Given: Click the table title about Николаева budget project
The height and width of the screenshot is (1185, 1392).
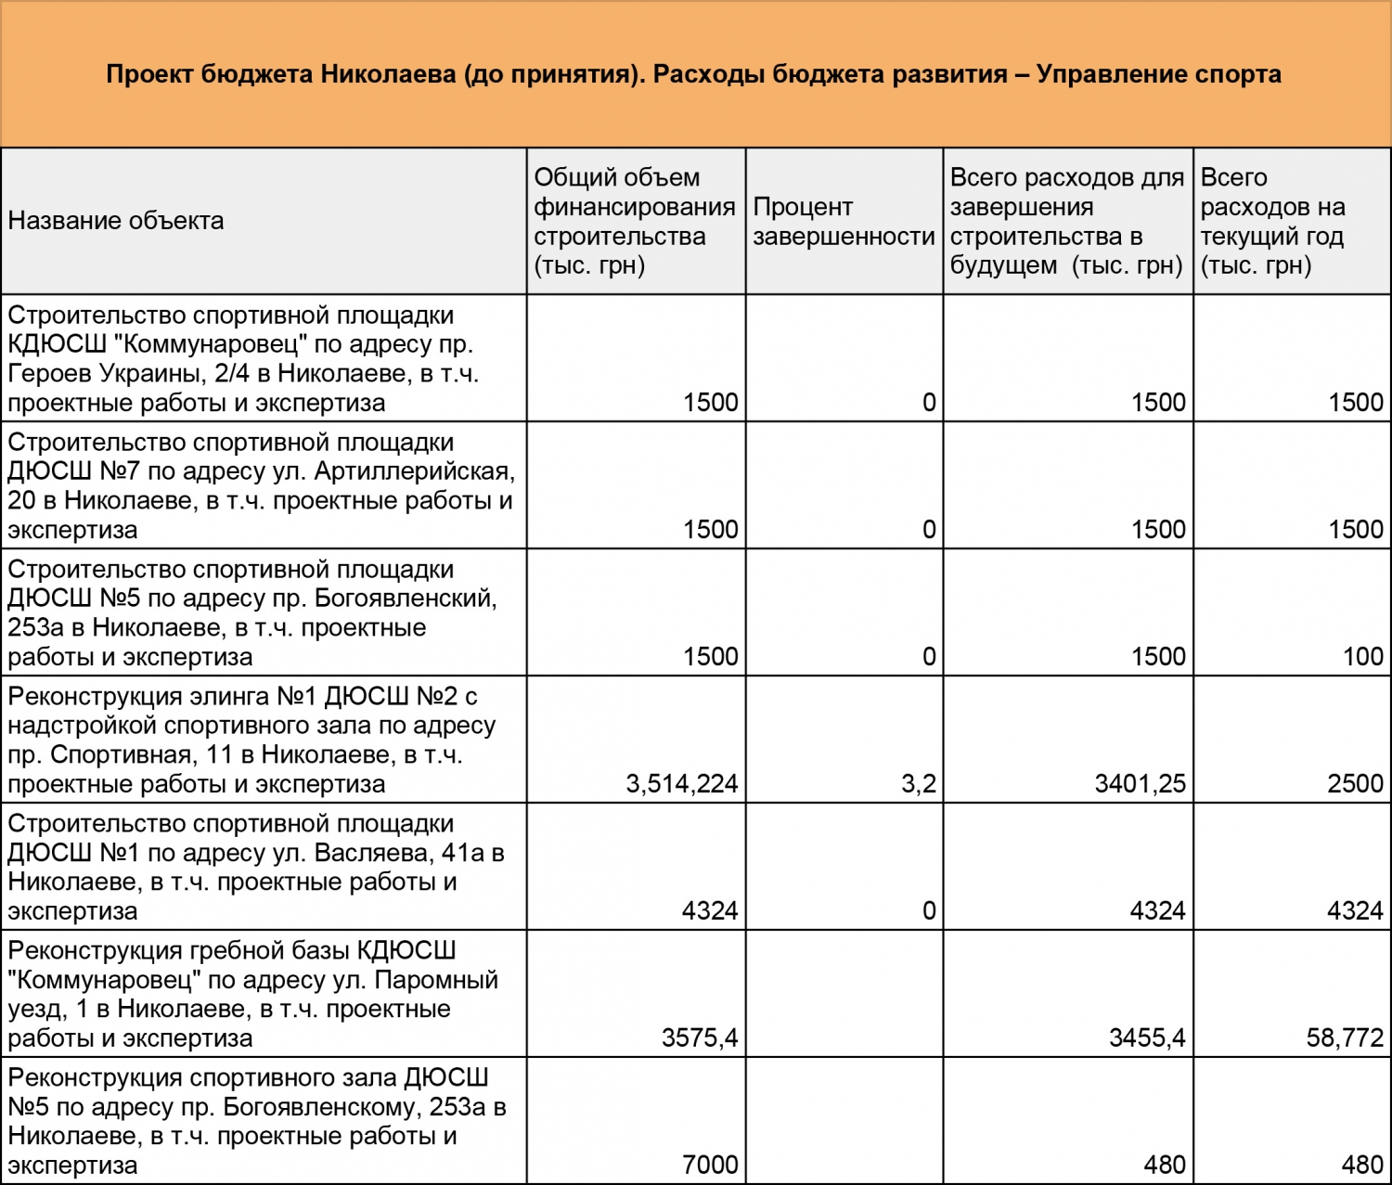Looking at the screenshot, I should [x=693, y=74].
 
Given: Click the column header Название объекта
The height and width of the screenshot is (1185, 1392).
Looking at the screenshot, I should [x=116, y=221].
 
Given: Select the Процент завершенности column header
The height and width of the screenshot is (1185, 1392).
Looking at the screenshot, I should [x=843, y=222].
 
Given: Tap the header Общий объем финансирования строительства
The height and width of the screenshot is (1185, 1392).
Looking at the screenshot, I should [x=635, y=222].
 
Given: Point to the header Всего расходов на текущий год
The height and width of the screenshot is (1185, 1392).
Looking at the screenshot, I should [x=1272, y=222].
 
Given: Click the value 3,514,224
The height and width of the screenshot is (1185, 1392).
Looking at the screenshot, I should [x=682, y=784].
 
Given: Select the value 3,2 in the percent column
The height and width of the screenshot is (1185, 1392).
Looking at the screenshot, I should [x=918, y=784].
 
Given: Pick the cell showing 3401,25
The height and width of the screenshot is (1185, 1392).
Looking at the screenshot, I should [x=1140, y=784].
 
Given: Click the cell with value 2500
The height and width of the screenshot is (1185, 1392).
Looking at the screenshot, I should [x=1355, y=784].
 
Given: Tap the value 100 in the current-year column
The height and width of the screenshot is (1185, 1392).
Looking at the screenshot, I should [x=1362, y=657].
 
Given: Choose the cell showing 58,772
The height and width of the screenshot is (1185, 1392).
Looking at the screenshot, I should [x=1345, y=1038].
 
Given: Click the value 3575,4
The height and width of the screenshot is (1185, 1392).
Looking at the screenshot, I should [x=700, y=1038].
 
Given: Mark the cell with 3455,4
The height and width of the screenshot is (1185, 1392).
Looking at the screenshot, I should [x=1147, y=1038].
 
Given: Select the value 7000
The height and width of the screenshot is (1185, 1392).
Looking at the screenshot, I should [x=710, y=1166].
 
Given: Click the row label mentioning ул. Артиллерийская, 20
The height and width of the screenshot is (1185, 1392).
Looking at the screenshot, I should [x=260, y=486].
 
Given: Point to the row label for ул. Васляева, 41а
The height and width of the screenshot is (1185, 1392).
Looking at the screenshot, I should [x=255, y=868].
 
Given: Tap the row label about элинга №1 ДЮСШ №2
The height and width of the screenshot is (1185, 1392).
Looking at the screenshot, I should [x=251, y=741].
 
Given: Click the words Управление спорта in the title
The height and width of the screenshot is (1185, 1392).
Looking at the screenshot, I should [x=1158, y=74].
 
